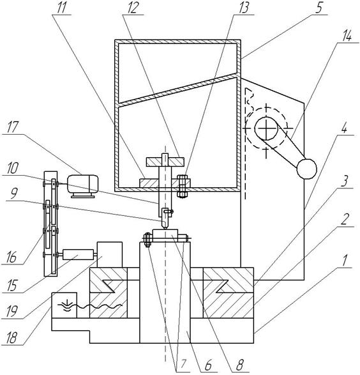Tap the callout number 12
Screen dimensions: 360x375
(x=133, y=8)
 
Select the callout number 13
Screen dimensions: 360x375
(x=243, y=8)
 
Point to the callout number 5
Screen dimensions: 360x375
(x=319, y=8)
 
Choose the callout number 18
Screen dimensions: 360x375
(x=11, y=338)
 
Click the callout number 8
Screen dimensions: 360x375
(x=239, y=365)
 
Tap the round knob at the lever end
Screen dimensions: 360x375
(x=307, y=169)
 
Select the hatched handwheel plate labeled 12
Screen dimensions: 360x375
(x=165, y=162)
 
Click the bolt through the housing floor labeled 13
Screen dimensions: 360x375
(x=182, y=187)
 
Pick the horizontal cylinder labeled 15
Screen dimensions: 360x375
(x=78, y=254)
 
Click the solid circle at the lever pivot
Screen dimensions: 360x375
(x=266, y=128)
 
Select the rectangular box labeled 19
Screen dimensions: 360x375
(x=110, y=255)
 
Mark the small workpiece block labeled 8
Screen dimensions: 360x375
(x=165, y=234)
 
